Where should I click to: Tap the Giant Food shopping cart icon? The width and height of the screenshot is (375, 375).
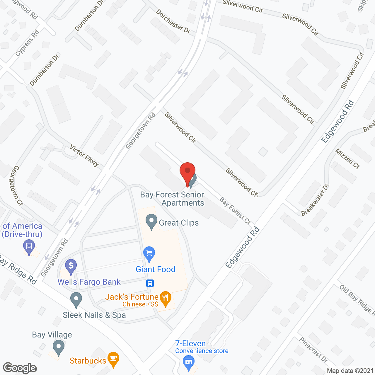point(149,253)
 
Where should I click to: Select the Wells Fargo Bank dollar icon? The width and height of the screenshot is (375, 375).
point(71,266)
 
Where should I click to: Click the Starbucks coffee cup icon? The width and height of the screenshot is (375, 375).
point(113,359)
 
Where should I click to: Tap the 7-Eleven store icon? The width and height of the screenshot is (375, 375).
point(188,362)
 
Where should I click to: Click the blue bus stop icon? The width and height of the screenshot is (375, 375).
point(150,283)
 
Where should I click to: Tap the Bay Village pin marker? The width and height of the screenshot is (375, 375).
point(59,347)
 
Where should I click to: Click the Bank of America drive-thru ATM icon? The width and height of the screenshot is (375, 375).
point(29,246)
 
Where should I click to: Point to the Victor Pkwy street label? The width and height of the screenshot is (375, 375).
point(84,156)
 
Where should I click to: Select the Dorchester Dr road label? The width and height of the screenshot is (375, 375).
point(173,21)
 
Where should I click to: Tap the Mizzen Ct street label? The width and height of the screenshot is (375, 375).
point(347,159)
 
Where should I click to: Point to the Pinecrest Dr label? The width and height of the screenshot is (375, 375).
point(313,350)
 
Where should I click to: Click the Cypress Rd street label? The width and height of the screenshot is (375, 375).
point(27,43)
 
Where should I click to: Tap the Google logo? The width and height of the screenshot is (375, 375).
point(20,368)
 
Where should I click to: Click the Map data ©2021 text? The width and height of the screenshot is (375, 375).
point(350,371)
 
